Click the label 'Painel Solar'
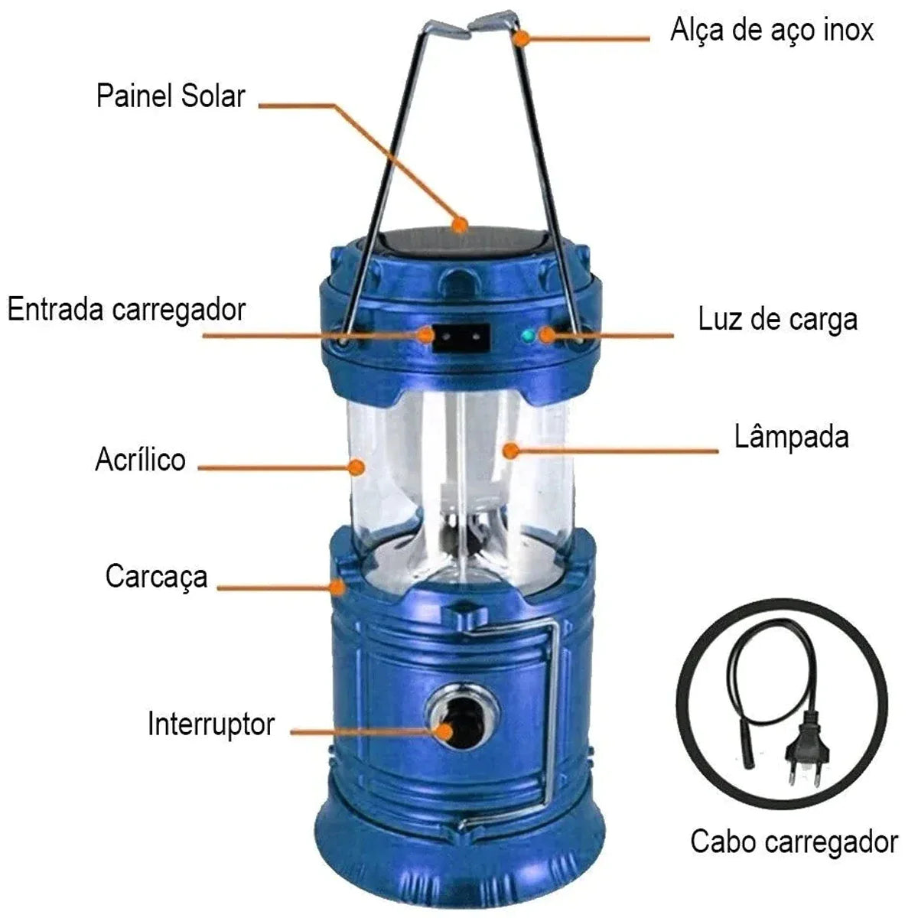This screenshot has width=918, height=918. click(171, 96)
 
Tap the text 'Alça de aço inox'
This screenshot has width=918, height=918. click(772, 30)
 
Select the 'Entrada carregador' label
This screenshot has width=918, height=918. click(127, 310)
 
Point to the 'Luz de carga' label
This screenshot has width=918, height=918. click(777, 319)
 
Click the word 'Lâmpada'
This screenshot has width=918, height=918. click(791, 436)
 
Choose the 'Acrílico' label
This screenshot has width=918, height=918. click(141, 459)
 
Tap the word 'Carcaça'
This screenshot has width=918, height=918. click(156, 578)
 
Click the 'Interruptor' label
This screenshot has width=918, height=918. click(211, 724)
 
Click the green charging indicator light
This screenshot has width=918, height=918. click(527, 336)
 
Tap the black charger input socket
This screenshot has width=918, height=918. click(461, 338)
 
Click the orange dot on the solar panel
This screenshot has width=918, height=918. click(460, 224)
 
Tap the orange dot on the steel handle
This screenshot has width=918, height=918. click(522, 38)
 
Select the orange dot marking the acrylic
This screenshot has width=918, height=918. click(356, 467)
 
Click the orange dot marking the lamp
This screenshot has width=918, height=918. click(511, 450)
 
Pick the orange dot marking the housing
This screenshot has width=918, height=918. click(338, 587)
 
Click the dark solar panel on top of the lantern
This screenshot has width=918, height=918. click(460, 244)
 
